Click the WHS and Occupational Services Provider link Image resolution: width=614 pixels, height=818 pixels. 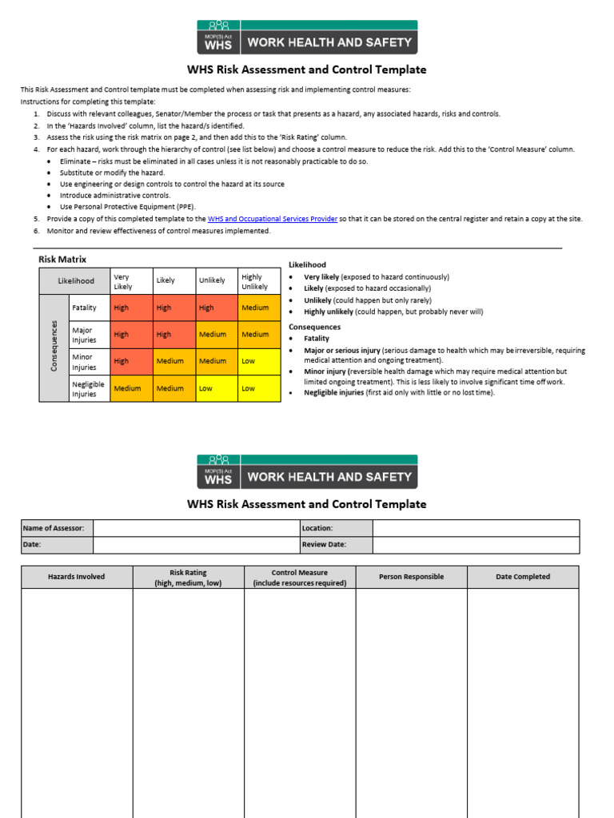pos(272,219)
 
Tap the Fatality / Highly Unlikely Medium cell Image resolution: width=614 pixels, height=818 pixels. pos(259,308)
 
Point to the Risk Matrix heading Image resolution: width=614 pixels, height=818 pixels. pos(62,260)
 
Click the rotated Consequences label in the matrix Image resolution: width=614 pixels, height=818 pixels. pos(54,345)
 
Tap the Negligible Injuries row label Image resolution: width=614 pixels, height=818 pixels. pos(89,388)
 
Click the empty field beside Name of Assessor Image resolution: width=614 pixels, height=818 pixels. pos(196,528)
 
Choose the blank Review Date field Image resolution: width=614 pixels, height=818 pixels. pos(476,545)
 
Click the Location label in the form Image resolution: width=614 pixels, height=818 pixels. pos(317,528)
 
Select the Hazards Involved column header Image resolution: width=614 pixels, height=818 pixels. pos(77,577)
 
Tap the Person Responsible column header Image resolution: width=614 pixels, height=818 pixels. pos(411,577)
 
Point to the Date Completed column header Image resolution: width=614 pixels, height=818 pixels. pos(523,577)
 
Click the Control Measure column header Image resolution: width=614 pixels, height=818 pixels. pos(300,578)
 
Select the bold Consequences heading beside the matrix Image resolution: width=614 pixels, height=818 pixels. pos(314,327)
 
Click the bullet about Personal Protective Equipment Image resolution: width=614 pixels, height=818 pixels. pos(127,207)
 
